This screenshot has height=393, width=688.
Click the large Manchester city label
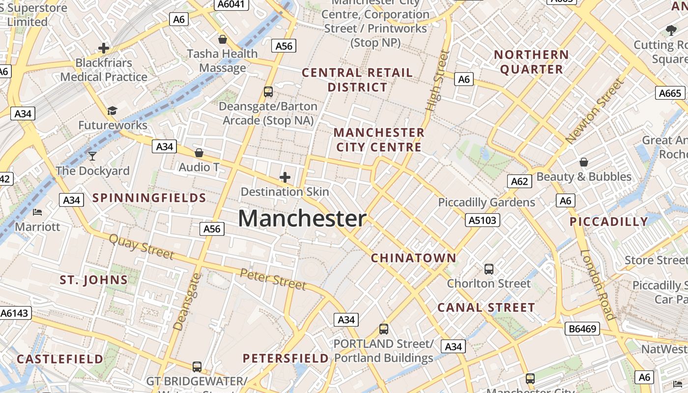click(302, 219)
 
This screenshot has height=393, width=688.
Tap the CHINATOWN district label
click(413, 258)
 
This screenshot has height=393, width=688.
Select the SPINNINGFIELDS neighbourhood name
click(149, 198)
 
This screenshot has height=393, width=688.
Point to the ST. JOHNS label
click(93, 280)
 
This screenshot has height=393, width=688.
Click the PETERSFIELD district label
click(286, 358)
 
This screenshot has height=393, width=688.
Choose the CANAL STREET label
click(486, 308)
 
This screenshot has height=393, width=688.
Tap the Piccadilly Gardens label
click(486, 202)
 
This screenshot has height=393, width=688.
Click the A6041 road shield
click(231, 4)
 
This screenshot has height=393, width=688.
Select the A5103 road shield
click(482, 220)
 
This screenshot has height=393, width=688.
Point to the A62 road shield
click(519, 182)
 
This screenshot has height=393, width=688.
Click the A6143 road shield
click(15, 313)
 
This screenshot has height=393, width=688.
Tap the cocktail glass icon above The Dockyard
click(92, 156)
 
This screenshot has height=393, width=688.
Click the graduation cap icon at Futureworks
click(113, 111)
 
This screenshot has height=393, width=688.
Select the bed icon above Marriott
click(37, 212)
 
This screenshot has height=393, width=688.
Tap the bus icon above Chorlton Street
click(488, 269)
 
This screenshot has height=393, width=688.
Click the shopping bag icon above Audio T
click(199, 153)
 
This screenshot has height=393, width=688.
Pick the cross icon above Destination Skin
click(285, 177)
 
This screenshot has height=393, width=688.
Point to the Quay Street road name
click(141, 247)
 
